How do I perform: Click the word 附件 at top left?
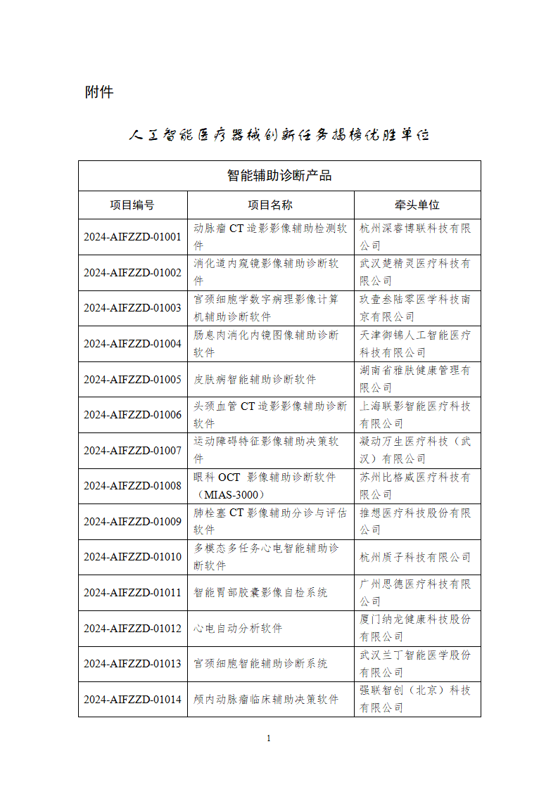pyautogui.click(x=99, y=92)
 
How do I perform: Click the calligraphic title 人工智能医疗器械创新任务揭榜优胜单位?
pyautogui.click(x=279, y=135)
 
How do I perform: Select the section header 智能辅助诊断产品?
pyautogui.click(x=279, y=176)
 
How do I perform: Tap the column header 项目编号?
pyautogui.click(x=132, y=205)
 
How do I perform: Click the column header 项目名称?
pyautogui.click(x=270, y=205)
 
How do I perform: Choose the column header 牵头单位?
pyautogui.click(x=417, y=205)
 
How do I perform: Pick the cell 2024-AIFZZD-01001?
pyautogui.click(x=132, y=237)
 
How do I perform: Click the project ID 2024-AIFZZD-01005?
pyautogui.click(x=132, y=380)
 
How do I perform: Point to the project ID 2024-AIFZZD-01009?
pyautogui.click(x=132, y=522)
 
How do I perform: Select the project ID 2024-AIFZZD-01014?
pyautogui.click(x=132, y=700)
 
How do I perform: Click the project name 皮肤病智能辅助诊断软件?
pyautogui.click(x=255, y=380)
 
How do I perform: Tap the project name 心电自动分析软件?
pyautogui.click(x=238, y=629)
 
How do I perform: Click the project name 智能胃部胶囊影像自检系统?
pyautogui.click(x=260, y=593)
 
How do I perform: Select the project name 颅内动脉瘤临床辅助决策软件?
pyautogui.click(x=266, y=700)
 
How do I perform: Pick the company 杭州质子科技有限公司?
pyautogui.click(x=415, y=557)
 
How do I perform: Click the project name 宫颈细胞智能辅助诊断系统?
pyautogui.click(x=260, y=664)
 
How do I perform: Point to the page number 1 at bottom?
pyautogui.click(x=269, y=738)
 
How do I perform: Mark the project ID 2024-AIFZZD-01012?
pyautogui.click(x=132, y=629)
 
